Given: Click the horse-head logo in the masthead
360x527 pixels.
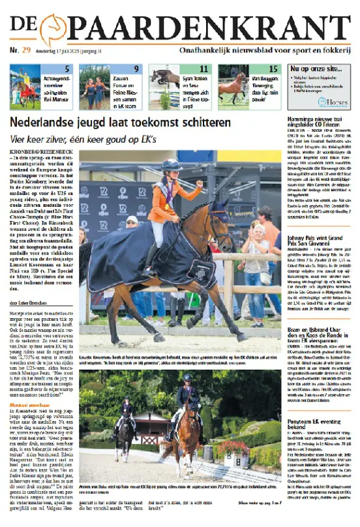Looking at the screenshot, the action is tap(53, 30).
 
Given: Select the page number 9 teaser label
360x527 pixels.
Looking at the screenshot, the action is tap(136, 69).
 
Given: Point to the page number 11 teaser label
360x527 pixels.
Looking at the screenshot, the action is tap(203, 69).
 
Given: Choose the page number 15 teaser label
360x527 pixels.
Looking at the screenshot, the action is tap(273, 69).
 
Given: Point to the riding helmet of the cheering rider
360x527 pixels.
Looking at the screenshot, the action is tap(172, 165).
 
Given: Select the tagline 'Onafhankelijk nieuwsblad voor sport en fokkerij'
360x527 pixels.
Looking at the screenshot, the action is tap(265, 50).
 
